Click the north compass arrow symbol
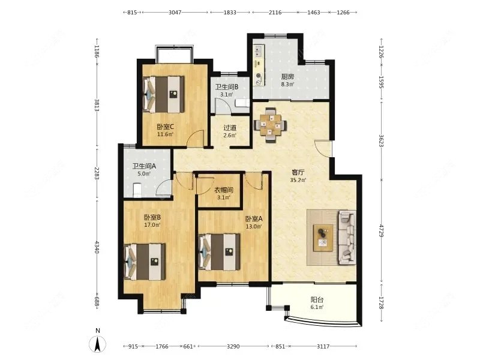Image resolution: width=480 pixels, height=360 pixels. [x=97, y=344]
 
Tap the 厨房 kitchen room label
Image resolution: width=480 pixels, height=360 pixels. [x=287, y=77]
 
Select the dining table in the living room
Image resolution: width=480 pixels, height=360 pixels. [x=271, y=125]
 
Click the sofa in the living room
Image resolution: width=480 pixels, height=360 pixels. [x=347, y=238]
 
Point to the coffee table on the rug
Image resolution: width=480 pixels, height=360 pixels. [x=323, y=238]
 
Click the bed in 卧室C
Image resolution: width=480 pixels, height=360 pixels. [x=164, y=94]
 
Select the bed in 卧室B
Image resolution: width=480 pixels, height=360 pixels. [x=145, y=262]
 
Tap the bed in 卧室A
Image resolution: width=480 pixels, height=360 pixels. [x=220, y=252]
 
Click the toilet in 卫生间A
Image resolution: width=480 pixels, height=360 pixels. [x=137, y=190]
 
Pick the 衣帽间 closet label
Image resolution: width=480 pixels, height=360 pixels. [x=223, y=190]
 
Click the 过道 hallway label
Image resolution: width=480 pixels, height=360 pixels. [x=230, y=128]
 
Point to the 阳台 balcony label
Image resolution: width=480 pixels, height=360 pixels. [x=317, y=299]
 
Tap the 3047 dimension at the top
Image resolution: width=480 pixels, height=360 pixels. [x=175, y=13]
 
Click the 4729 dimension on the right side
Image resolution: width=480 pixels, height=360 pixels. [x=382, y=230]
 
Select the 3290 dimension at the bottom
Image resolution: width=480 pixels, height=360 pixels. [x=233, y=346]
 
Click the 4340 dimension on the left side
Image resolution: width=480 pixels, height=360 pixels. [x=97, y=247]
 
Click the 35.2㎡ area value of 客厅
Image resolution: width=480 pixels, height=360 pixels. [x=298, y=180]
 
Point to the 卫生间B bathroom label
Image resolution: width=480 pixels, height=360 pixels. [x=227, y=87]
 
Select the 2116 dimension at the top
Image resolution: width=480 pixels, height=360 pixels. [x=275, y=13]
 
